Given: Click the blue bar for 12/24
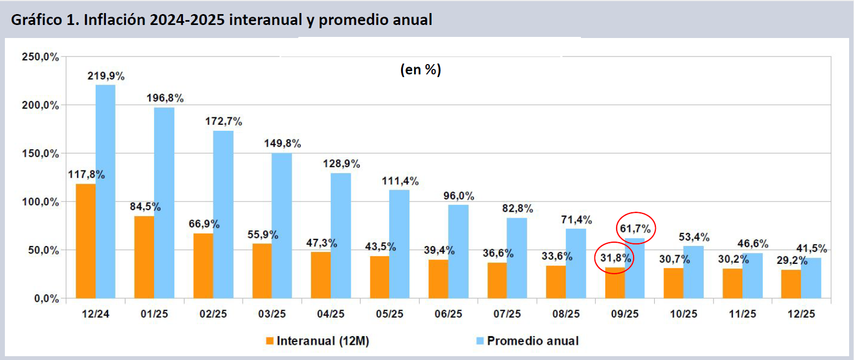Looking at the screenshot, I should click(x=105, y=191).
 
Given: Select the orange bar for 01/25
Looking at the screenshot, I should click(x=144, y=257).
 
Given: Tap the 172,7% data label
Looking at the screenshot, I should click(x=223, y=121).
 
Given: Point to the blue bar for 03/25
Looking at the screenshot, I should click(x=282, y=225).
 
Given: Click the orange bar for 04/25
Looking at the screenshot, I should click(x=320, y=275).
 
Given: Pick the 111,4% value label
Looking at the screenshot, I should click(x=400, y=181).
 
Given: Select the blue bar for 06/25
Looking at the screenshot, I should click(x=458, y=251).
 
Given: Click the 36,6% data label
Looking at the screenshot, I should click(x=498, y=254).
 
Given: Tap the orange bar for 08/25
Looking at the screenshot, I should click(x=555, y=282).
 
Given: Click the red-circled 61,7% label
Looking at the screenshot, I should click(x=635, y=229).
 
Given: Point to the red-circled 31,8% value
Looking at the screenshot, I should click(x=615, y=258).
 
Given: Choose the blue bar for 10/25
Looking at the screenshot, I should click(x=693, y=272).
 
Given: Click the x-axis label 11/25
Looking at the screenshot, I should click(x=742, y=314).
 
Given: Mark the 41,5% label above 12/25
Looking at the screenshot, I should click(x=811, y=249).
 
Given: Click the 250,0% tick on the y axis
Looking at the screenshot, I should click(x=40, y=57).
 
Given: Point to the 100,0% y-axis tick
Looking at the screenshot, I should click(x=40, y=202).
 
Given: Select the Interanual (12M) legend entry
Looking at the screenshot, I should click(x=318, y=341).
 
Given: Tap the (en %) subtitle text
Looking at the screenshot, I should click(x=421, y=70).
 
